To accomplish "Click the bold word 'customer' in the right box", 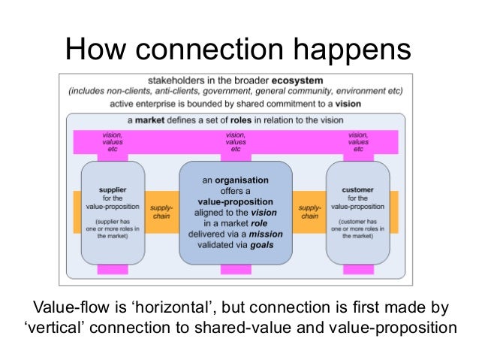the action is [357, 191].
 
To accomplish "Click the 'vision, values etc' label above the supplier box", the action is [112, 142].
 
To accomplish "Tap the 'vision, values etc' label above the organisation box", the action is [235, 142].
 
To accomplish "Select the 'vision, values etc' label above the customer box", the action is [357, 142].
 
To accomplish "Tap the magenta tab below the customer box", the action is [357, 269].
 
